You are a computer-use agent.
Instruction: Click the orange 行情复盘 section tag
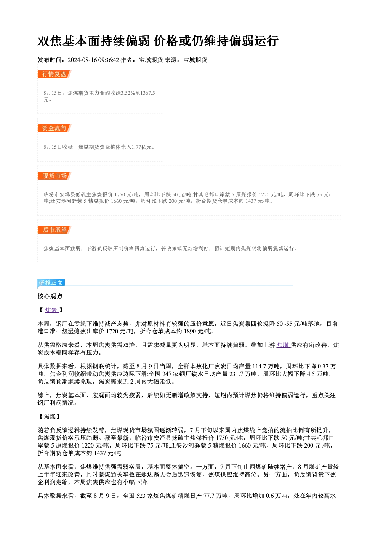click(54, 74)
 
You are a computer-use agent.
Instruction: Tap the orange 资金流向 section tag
click(54, 128)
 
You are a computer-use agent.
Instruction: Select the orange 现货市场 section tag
click(54, 176)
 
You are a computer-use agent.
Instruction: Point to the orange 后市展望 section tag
click(54, 230)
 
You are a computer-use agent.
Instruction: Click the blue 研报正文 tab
click(51, 283)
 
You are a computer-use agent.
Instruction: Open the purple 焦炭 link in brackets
click(51, 310)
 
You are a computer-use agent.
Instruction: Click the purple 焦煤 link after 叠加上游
click(283, 345)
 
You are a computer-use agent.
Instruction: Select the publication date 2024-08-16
click(82, 60)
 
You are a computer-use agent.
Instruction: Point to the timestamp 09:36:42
click(109, 60)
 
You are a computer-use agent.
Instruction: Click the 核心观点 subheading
click(50, 296)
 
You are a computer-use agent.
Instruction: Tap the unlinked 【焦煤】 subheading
click(50, 416)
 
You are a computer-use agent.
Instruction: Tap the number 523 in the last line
click(141, 496)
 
